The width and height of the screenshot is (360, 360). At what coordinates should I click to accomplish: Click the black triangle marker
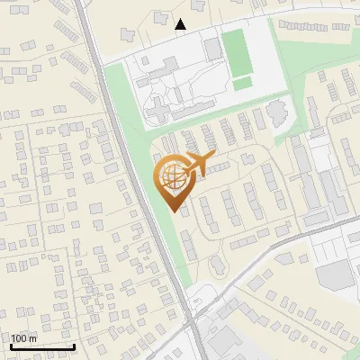pos(181,24)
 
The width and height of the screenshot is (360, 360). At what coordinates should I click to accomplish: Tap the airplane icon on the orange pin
pos(200,163)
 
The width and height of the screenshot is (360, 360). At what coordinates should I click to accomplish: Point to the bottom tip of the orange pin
pos(174,210)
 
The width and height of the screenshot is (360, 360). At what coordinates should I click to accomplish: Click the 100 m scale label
pos(24,338)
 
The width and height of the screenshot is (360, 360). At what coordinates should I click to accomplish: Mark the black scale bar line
pos(42,346)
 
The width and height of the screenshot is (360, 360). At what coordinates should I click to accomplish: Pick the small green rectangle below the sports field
pos(242,84)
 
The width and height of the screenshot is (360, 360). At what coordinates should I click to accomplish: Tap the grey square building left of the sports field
pos(211,49)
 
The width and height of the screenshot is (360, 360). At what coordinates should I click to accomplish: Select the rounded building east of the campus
pos(276,112)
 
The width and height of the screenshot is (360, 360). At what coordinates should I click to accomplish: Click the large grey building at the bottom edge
pos(229,342)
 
